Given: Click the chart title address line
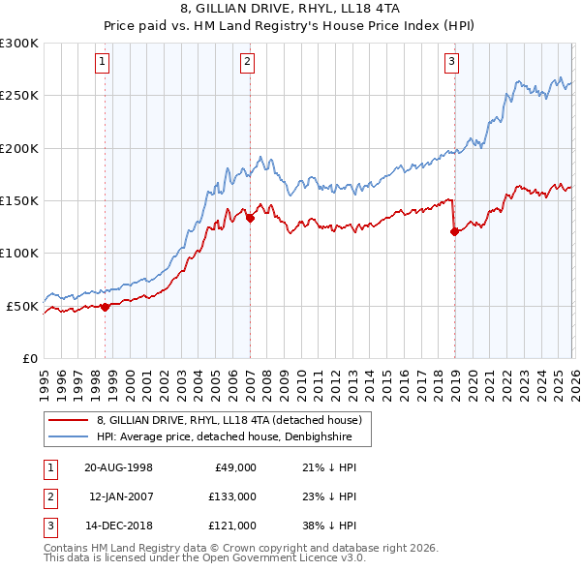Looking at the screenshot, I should tap(291, 8).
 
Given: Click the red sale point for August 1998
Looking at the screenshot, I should tap(106, 307).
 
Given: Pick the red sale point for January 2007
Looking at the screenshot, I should tap(250, 218).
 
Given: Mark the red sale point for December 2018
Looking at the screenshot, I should tap(454, 230).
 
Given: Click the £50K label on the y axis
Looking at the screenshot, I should tap(23, 306).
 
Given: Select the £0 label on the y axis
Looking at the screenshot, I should tap(30, 358).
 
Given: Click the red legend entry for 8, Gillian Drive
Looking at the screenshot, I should tap(229, 420).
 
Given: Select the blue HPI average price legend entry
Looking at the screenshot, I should tap(231, 437).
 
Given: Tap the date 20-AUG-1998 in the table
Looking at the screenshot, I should tap(118, 467).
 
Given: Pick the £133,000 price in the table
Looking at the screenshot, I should tap(232, 496).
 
